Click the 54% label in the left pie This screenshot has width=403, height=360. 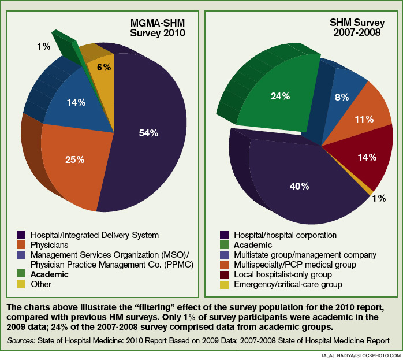click(148, 133)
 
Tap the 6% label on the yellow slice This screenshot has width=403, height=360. click(104, 67)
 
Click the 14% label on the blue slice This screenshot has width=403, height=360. click(76, 103)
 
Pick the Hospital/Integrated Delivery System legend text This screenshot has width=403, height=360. click(95, 235)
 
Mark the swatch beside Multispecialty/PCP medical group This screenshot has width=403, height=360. click(222, 265)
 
